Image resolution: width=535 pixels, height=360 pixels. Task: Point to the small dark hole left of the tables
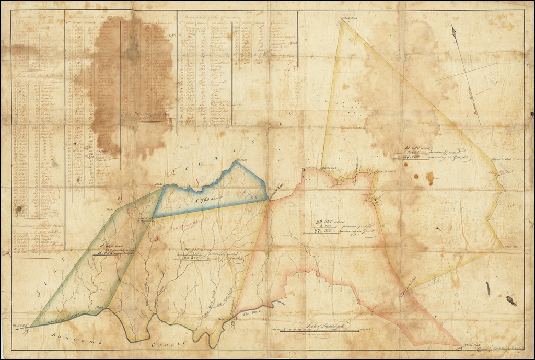click(19, 208)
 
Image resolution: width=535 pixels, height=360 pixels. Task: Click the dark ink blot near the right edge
click(510, 300)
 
